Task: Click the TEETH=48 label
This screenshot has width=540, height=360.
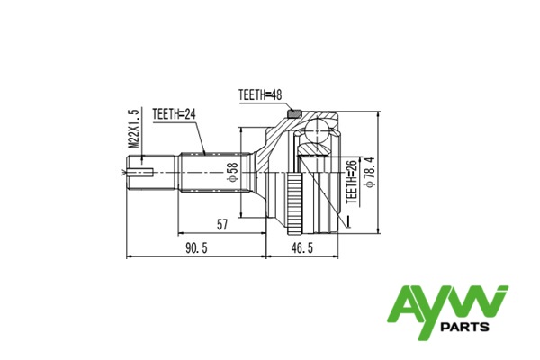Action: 260,94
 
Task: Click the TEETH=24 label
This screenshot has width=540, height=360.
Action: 175,114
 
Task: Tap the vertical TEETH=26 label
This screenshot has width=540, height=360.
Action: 352,181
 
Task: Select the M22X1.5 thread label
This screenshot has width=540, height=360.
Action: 133,128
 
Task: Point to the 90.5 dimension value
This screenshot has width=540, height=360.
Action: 196,247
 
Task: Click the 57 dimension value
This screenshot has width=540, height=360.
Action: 222,225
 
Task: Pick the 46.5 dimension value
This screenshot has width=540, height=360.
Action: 302,247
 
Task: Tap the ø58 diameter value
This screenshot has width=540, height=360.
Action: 233,172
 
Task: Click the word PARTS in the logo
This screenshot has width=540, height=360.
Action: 465,327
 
